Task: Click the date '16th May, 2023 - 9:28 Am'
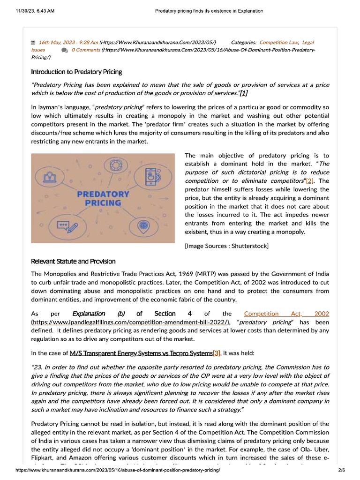tap(68, 43)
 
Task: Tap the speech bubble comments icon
tap(64, 50)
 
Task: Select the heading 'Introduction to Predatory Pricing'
tap(76, 72)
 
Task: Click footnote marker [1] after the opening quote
tap(243, 93)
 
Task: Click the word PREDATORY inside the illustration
tap(103, 194)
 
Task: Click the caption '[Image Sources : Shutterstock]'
tap(227, 246)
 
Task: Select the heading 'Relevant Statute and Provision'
tap(73, 261)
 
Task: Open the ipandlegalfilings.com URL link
tap(130, 322)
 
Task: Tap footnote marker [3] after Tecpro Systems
tap(216, 353)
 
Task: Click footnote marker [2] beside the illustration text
tap(310, 181)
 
